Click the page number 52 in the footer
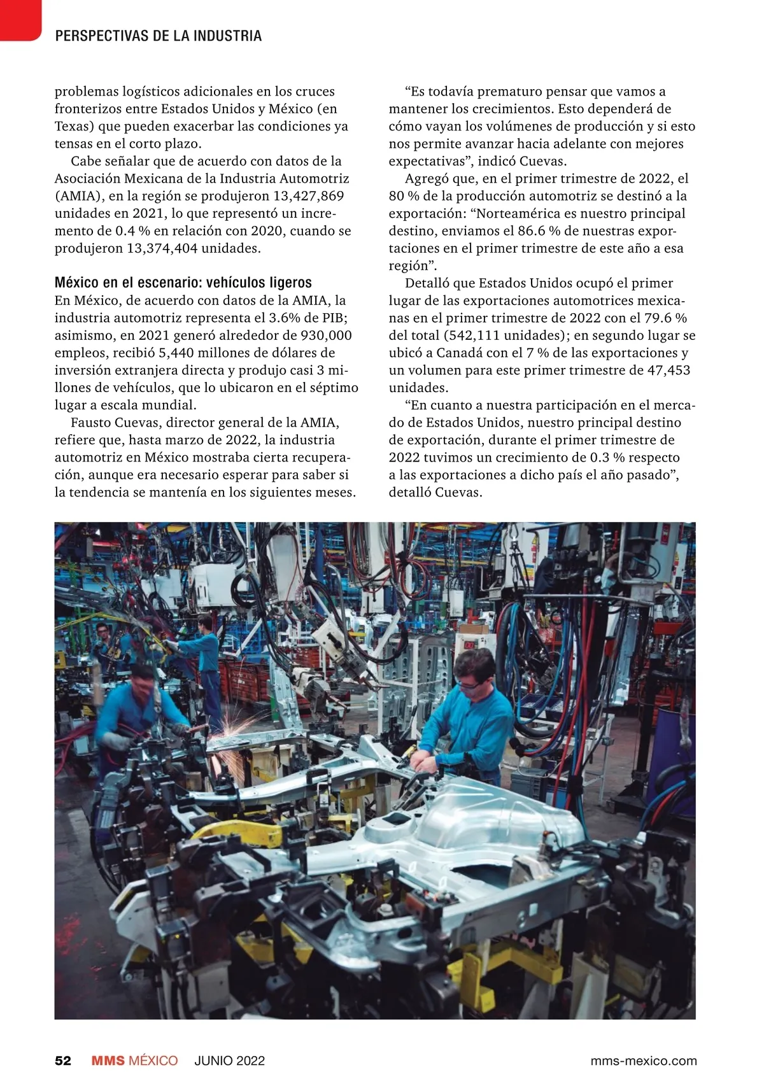[x=63, y=1060]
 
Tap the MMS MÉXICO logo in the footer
[x=134, y=1060]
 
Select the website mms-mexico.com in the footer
[x=643, y=1060]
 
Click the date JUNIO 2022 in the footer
[x=229, y=1060]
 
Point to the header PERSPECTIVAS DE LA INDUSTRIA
[x=159, y=36]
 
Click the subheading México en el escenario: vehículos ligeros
[x=183, y=283]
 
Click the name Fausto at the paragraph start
[x=90, y=423]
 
